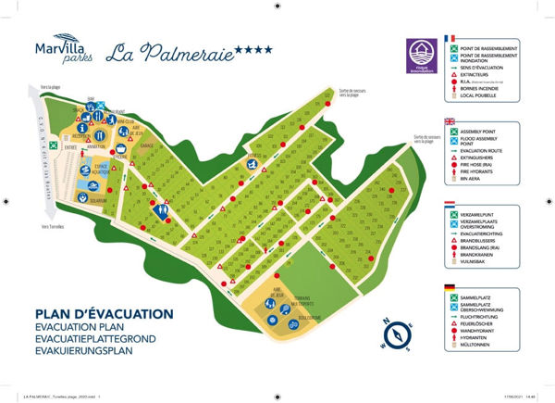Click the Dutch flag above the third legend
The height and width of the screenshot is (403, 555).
click(x=450, y=205)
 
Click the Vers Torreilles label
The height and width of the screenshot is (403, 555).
click(x=53, y=225)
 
